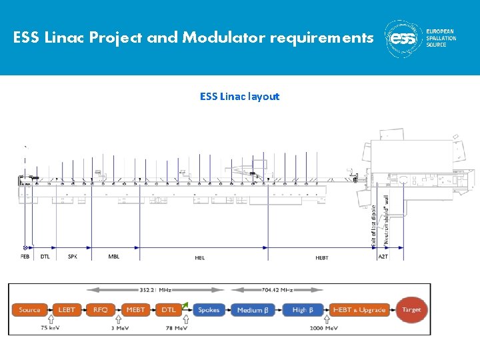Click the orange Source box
[30, 310]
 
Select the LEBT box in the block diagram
[67, 310]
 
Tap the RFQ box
[101, 310]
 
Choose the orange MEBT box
[136, 310]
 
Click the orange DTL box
[169, 310]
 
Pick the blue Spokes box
[209, 310]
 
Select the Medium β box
[252, 310]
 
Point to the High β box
[303, 310]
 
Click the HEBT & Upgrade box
[359, 310]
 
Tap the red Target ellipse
[411, 310]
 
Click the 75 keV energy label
[53, 328]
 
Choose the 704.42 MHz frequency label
[277, 290]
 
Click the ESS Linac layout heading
[239, 97]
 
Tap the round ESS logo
[403, 37]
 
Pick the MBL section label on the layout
[114, 256]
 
